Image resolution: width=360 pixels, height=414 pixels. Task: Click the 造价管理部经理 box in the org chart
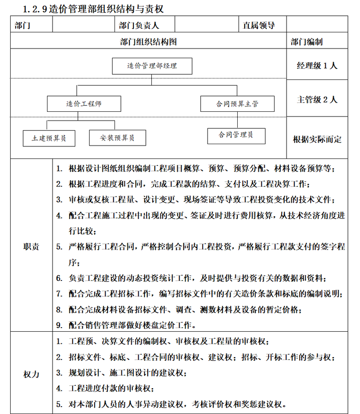151,66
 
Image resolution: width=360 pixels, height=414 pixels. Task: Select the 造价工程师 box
84,103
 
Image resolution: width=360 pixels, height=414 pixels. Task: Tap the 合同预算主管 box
237,104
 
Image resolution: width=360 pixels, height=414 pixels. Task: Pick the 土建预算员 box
49,138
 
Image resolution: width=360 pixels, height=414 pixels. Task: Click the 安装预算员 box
118,138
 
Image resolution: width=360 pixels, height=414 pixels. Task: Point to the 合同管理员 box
236,135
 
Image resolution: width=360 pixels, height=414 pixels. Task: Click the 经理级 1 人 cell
317,66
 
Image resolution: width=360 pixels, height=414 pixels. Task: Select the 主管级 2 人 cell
317,99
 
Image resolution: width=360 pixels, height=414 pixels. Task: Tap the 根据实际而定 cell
317,139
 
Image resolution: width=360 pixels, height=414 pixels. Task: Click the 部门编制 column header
306,42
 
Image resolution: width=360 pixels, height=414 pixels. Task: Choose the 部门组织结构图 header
148,42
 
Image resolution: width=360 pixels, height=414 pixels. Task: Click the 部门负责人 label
138,25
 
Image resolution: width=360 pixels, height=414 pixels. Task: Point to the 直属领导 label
259,25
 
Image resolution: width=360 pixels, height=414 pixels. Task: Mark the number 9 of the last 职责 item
59,325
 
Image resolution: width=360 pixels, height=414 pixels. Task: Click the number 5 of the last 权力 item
59,403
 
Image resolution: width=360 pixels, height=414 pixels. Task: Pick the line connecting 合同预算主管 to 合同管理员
237,120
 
